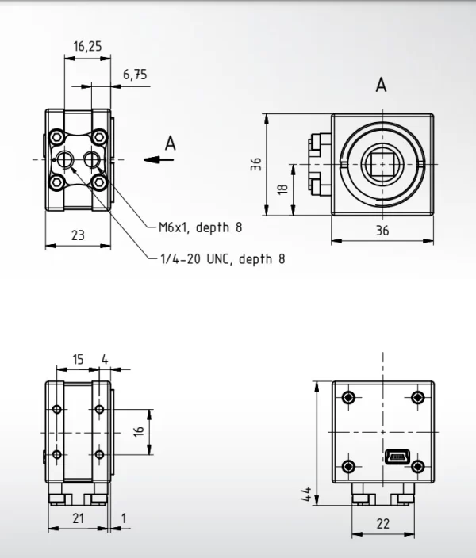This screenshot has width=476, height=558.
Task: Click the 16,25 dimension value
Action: coord(87,46)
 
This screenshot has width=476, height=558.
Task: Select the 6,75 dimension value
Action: coord(135,75)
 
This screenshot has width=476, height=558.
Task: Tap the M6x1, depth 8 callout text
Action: coord(200,227)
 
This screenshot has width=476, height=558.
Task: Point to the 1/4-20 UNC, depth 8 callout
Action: coord(223,258)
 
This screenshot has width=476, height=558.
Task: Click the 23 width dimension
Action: coord(78,235)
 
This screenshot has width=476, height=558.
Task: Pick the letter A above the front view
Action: coord(381,86)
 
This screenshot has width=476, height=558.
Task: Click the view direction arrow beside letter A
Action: coord(159,160)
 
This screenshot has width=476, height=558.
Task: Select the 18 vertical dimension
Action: coord(282,189)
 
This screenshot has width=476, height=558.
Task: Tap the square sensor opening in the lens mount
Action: coord(382,164)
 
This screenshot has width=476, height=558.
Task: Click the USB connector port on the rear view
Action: coord(397,457)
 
